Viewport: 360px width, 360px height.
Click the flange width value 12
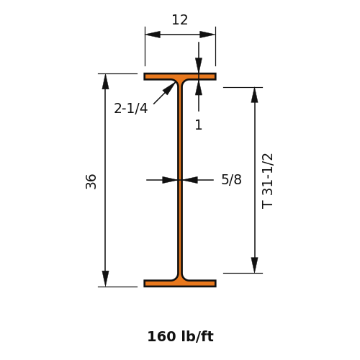[x=180, y=20]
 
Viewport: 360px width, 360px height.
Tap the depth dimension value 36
[x=91, y=181]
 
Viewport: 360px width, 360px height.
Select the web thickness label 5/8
[x=231, y=179]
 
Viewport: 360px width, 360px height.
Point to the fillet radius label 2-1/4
[x=131, y=108]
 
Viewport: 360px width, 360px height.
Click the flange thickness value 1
[x=199, y=125]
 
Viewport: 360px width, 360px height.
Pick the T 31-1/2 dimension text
[x=267, y=181]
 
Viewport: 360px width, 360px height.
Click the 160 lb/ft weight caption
[x=180, y=336]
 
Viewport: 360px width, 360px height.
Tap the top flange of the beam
[x=180, y=76]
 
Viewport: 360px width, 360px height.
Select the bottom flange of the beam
[x=180, y=284]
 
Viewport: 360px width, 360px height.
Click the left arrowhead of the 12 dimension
[x=153, y=35]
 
